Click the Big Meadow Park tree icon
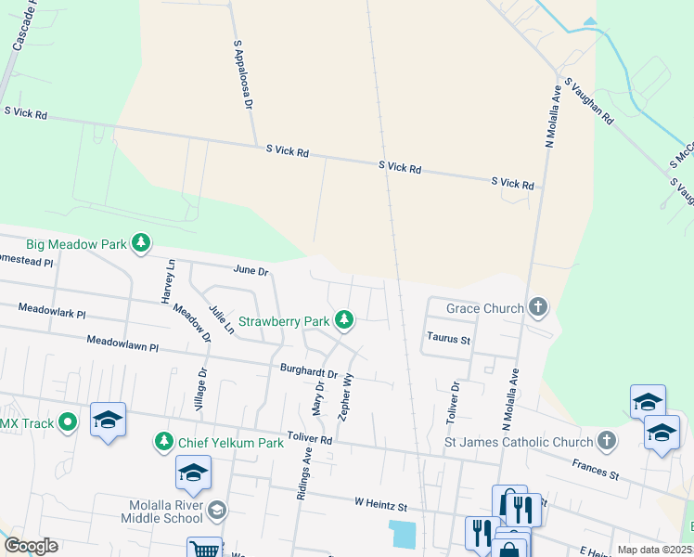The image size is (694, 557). point(140,244)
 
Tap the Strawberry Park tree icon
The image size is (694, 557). point(344,321)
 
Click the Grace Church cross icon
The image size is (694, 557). point(537,307)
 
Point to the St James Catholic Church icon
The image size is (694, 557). point(607,442)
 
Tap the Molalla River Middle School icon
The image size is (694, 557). point(216,509)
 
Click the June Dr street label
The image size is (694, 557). point(251,271)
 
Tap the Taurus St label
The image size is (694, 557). point(449,340)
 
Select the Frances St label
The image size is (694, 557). point(595,467)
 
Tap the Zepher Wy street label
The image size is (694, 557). point(346,398)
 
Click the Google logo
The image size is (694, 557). point(31,546)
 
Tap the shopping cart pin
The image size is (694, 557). point(204,550)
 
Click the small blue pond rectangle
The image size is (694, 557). point(404,534)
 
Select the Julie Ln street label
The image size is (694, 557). point(221,317)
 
